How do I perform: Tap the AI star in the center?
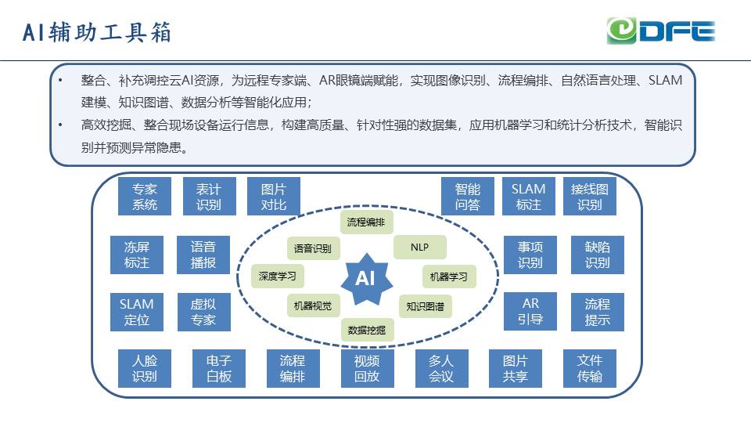pos(365,278)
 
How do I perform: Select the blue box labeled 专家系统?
pos(144,197)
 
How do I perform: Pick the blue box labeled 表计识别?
pos(209,197)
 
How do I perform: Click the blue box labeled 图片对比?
pos(274,197)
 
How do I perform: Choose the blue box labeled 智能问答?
pos(467,197)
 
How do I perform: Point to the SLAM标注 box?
pos(528,197)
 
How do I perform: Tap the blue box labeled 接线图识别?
pos(589,197)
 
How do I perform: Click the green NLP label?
pos(419,248)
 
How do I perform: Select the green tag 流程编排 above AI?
pos(366,222)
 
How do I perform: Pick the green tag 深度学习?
pos(278,276)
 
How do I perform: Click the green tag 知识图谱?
pos(425,306)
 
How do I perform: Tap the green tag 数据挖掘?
pos(367,330)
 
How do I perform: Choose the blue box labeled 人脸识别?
pos(144,368)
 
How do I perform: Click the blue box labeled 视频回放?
pos(367,368)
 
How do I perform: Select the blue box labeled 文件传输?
pos(589,368)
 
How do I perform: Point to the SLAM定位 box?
pos(137,312)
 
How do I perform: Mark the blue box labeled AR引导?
pos(530,312)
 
